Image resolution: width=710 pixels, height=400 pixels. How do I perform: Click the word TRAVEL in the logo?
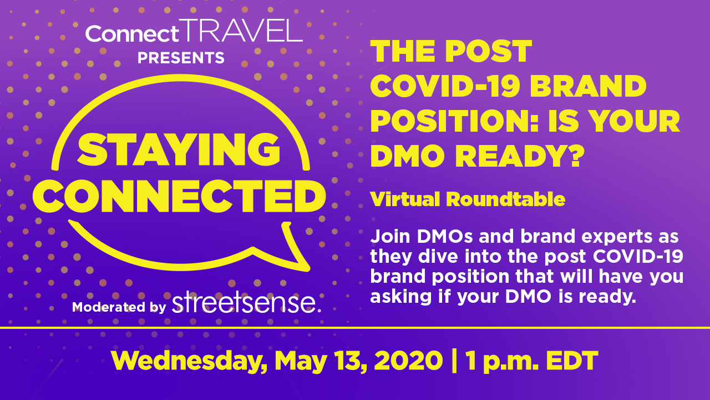click(241, 31)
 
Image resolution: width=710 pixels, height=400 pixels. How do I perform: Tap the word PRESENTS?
click(181, 58)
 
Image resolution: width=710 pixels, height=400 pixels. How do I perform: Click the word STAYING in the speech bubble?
click(179, 149)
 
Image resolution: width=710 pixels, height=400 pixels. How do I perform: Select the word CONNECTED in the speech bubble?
click(179, 196)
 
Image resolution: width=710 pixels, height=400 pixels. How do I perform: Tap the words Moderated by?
click(119, 307)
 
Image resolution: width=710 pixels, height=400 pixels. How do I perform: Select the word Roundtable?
click(505, 199)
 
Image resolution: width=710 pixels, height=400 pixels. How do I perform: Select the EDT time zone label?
click(572, 361)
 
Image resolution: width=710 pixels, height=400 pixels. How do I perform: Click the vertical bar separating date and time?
click(454, 361)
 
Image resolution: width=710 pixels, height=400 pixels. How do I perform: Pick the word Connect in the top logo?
click(132, 34)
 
